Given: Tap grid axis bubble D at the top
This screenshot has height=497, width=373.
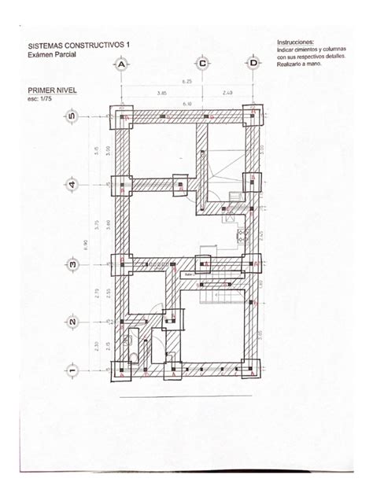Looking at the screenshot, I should pyautogui.click(x=253, y=64).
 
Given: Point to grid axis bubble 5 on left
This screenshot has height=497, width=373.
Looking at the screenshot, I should pyautogui.click(x=71, y=117).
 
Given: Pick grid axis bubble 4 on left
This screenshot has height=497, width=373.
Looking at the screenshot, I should pyautogui.click(x=71, y=185).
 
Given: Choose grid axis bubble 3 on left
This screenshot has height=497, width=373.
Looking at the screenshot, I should pyautogui.click(x=71, y=264).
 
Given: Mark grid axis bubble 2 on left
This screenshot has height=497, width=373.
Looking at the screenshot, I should pyautogui.click(x=71, y=321).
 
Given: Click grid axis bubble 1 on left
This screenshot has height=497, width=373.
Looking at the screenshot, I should pyautogui.click(x=71, y=369).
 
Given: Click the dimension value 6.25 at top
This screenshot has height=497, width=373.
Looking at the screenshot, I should pyautogui.click(x=187, y=81).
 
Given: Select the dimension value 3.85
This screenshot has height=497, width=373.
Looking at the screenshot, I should pyautogui.click(x=161, y=92).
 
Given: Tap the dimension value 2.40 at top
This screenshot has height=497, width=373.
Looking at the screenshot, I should pyautogui.click(x=227, y=92).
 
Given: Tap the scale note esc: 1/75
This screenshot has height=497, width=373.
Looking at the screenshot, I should pyautogui.click(x=43, y=100).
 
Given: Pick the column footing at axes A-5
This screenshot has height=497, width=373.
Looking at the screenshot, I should pyautogui.click(x=124, y=118).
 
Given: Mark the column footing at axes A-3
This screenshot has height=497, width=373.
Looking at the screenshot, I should pyautogui.click(x=124, y=264).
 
